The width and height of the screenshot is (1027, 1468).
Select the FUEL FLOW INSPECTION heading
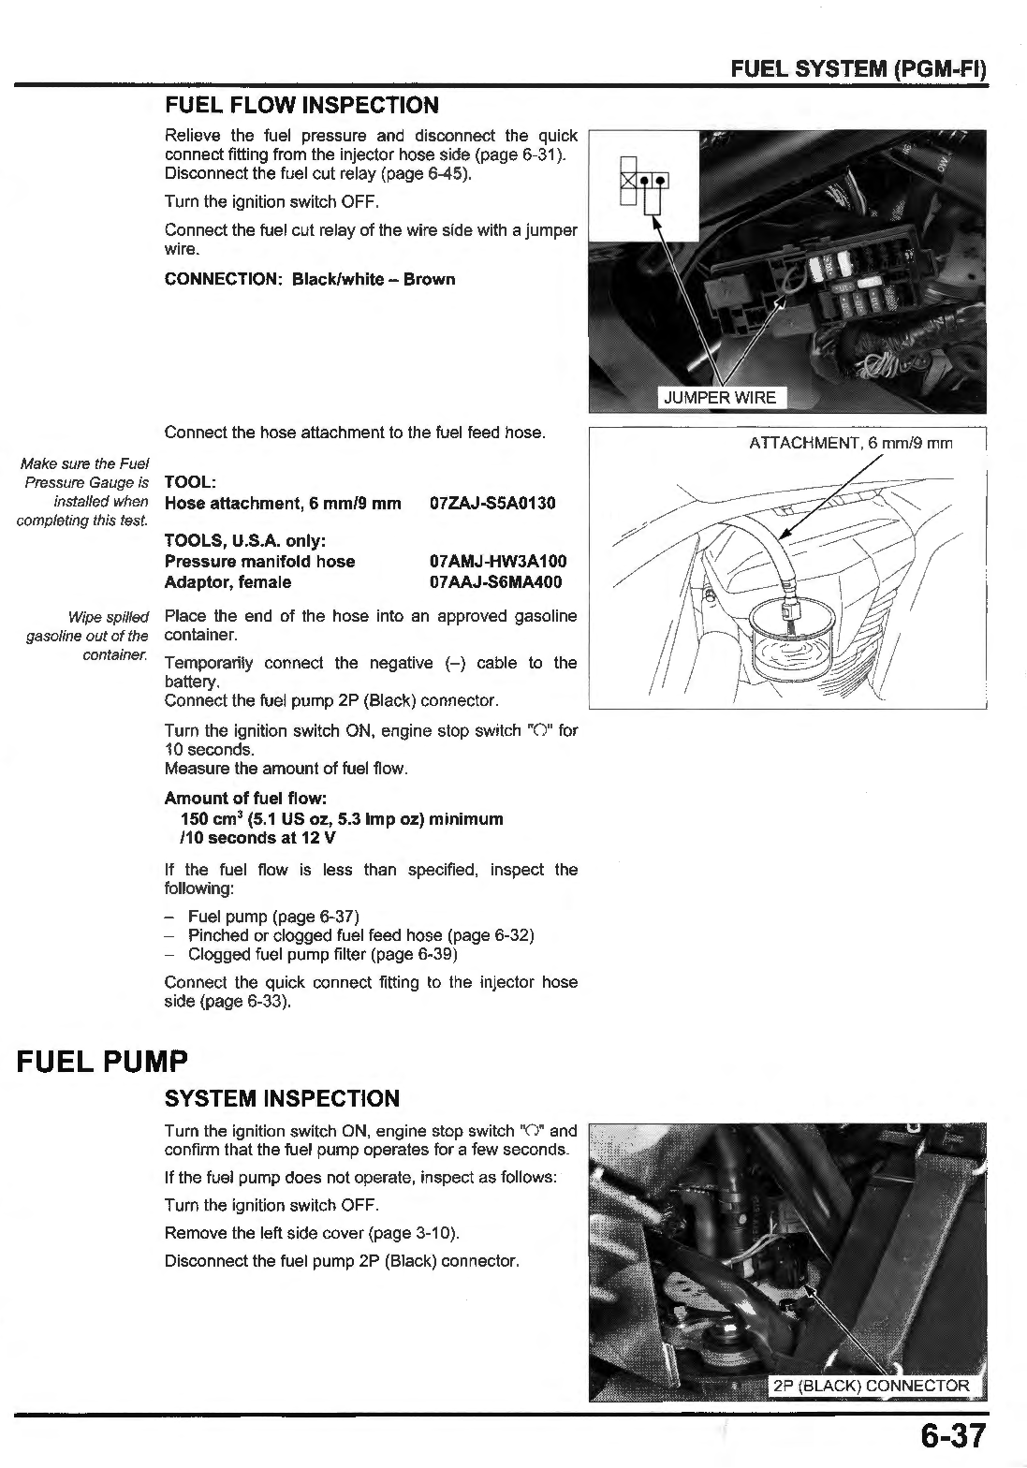click(301, 105)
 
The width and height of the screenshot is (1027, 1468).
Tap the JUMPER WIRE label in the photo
click(719, 397)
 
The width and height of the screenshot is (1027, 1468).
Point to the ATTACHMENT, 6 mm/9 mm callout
click(850, 443)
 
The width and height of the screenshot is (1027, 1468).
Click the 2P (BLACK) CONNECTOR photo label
click(871, 1386)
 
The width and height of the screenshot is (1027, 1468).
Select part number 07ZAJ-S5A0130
click(492, 504)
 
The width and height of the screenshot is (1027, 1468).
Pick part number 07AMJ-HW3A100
click(497, 562)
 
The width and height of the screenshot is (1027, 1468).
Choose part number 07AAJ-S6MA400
click(495, 582)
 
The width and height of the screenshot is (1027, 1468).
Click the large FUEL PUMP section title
click(102, 1062)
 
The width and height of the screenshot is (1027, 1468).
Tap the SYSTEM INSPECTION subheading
click(282, 1098)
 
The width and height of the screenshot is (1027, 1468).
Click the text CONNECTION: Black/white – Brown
click(310, 279)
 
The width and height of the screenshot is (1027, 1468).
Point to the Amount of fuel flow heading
click(245, 798)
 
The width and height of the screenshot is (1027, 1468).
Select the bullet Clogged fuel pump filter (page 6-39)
click(322, 954)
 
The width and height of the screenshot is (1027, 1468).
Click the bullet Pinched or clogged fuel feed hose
click(360, 935)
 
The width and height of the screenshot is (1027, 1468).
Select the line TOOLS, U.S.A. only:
click(244, 541)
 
